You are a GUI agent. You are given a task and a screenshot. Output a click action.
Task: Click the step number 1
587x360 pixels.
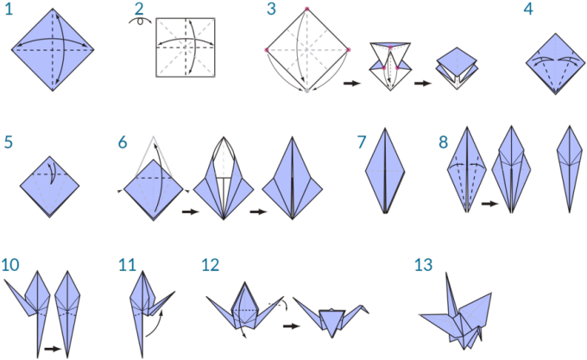[x=8, y=11]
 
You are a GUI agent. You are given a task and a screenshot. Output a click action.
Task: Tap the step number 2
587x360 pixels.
[x=139, y=10]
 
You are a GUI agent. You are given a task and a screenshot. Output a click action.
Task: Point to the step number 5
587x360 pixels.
[x=8, y=142]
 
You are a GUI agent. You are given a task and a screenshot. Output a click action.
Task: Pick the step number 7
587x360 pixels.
[x=362, y=142]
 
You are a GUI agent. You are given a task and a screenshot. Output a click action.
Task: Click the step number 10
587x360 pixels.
[x=10, y=264]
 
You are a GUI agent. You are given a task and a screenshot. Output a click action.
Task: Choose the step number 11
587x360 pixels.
[x=128, y=264]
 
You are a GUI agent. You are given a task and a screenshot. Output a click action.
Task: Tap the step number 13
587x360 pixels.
[x=423, y=264]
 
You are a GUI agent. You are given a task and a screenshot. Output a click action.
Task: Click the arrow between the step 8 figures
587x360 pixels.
[x=489, y=204]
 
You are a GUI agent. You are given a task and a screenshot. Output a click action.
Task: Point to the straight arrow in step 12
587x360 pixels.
[x=292, y=326]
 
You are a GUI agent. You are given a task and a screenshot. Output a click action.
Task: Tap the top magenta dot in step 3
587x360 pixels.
[x=306, y=9]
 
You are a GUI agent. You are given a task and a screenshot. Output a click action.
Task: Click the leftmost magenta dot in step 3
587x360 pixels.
[x=267, y=50]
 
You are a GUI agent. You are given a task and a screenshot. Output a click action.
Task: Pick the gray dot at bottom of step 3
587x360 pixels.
[x=306, y=91]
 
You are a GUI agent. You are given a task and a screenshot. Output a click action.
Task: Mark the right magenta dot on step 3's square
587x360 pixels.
[x=348, y=50]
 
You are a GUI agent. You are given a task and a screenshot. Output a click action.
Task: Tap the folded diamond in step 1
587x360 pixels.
[x=53, y=50]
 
